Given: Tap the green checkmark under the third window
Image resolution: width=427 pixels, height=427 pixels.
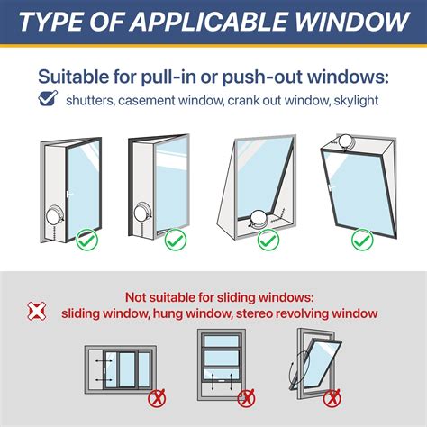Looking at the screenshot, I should [268, 241].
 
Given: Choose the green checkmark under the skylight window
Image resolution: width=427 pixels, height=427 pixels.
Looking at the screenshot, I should [360, 241].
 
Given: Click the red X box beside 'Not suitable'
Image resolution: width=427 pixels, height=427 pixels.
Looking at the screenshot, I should [37, 310].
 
